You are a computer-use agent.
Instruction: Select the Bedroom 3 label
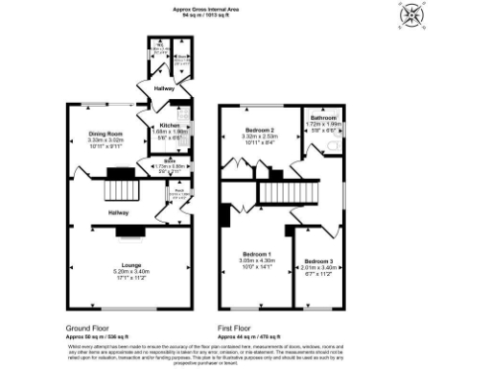[x=317, y=261]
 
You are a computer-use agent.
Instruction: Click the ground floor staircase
[x=122, y=183]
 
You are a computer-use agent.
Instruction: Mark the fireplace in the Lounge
[x=131, y=232]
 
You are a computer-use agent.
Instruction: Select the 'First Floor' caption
[x=237, y=329]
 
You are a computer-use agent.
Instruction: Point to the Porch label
[x=178, y=190]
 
